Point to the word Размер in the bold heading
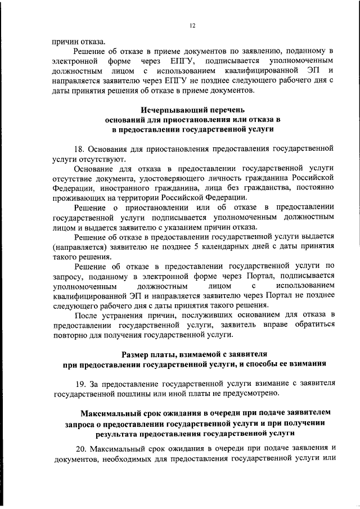pos(137,353)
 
